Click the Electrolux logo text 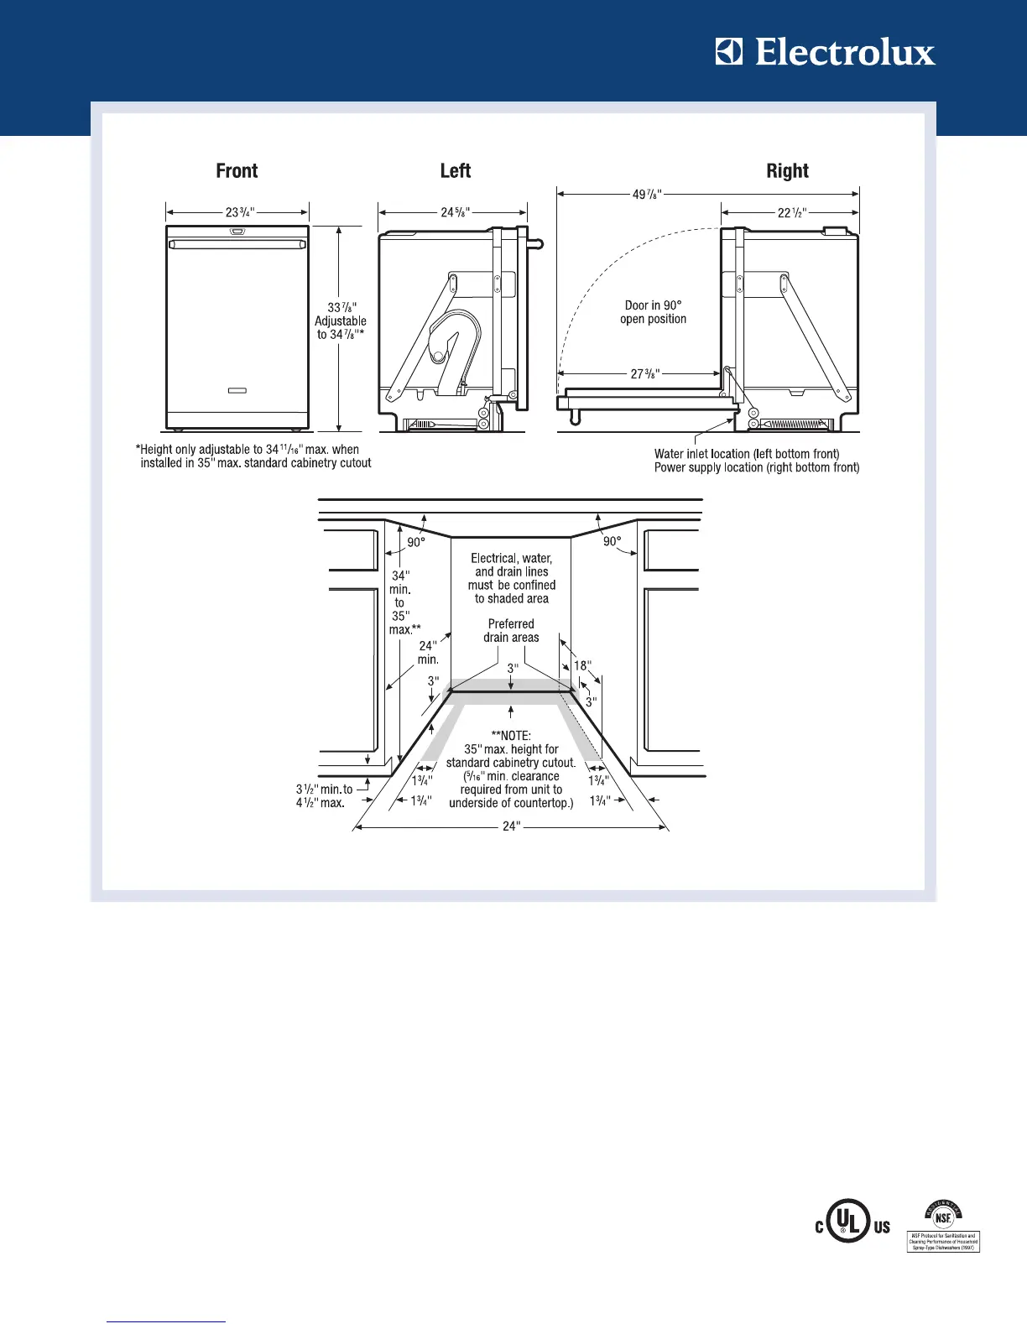(844, 53)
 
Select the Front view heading (237, 171)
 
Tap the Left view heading (456, 171)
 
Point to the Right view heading (787, 171)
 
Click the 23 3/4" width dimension (240, 212)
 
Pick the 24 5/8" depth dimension (455, 212)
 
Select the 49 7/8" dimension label (647, 195)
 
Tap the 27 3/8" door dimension (645, 373)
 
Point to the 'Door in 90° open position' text (653, 312)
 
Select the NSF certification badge (944, 1226)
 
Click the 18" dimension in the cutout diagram (581, 666)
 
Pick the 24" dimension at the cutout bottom (511, 826)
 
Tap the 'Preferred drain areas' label (511, 631)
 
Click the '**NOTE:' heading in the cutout (511, 736)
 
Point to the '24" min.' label (428, 653)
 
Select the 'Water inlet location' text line (747, 454)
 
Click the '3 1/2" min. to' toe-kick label (324, 790)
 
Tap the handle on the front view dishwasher (237, 244)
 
